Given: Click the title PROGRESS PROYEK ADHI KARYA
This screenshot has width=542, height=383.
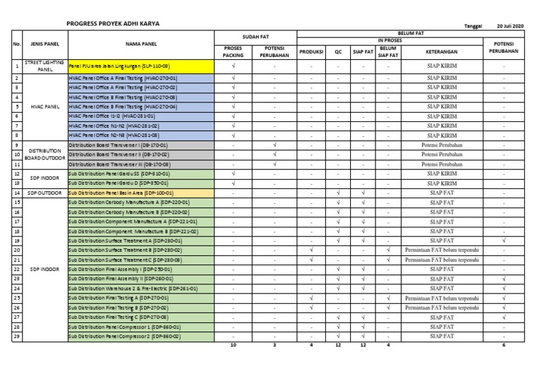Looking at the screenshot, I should (x=113, y=23).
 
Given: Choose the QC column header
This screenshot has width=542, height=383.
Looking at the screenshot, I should (x=339, y=51).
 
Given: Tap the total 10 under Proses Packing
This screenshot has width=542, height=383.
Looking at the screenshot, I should (x=233, y=346).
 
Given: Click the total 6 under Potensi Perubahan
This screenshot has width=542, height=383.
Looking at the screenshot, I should (x=504, y=346).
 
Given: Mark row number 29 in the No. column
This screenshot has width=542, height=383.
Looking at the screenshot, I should (x=16, y=336).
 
